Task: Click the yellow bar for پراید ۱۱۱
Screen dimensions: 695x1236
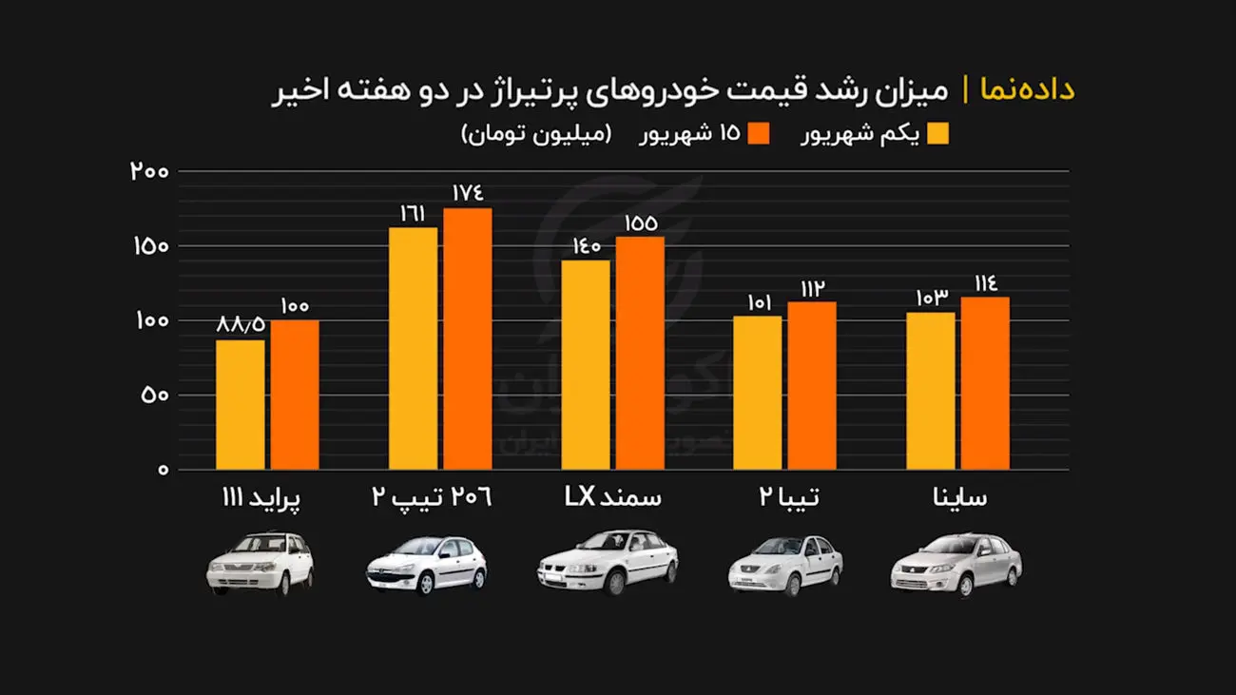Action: tap(240, 404)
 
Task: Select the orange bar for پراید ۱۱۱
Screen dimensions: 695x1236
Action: tap(295, 395)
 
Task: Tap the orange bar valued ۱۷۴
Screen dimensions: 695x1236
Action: tap(467, 338)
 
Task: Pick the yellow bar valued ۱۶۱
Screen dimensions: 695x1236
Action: tap(413, 348)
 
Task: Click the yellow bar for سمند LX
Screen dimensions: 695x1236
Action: tap(586, 364)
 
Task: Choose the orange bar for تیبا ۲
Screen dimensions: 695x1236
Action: tap(811, 385)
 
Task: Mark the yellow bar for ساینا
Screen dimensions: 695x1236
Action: tap(930, 391)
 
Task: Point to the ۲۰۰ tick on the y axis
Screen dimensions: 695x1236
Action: tap(149, 172)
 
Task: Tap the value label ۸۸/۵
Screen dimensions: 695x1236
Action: tap(241, 325)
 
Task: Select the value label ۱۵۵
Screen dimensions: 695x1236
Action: tap(640, 223)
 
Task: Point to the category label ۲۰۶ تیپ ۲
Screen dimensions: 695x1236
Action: tap(432, 498)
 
